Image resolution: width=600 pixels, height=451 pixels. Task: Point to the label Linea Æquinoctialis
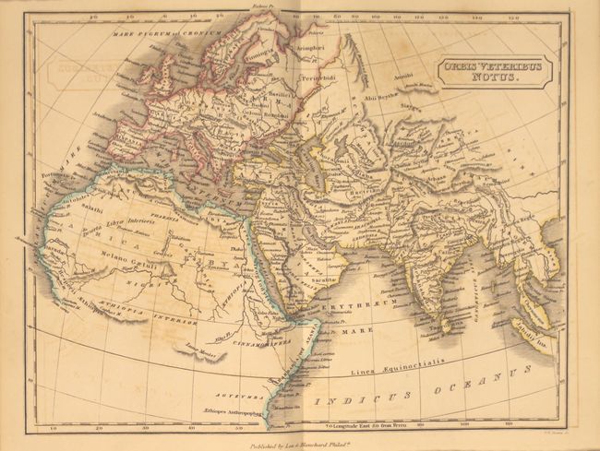[x=391, y=371]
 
